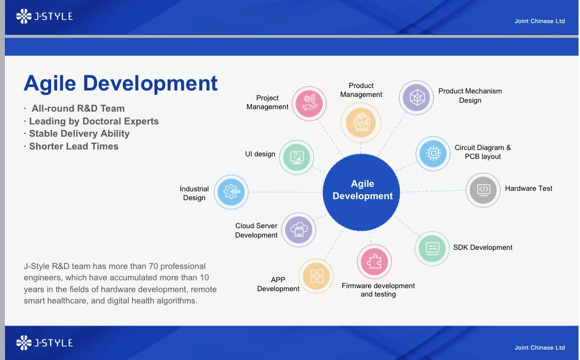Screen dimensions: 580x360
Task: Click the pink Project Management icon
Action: pyautogui.click(x=309, y=104)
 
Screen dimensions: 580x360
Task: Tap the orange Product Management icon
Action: pyautogui.click(x=361, y=122)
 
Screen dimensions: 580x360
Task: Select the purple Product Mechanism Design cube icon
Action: pyautogui.click(x=417, y=97)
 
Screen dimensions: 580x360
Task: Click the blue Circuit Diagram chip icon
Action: pyautogui.click(x=433, y=153)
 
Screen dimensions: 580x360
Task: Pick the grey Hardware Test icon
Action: pyautogui.click(x=483, y=190)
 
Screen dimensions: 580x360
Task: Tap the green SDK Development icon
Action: pyautogui.click(x=432, y=248)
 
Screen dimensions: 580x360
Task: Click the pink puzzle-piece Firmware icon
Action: pyautogui.click(x=374, y=262)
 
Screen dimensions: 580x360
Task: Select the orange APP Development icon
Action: pyautogui.click(x=316, y=276)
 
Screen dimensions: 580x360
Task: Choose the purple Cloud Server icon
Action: pyautogui.click(x=299, y=230)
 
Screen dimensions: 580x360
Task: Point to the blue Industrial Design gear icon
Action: pyautogui.click(x=231, y=192)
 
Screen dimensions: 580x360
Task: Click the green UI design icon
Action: pyautogui.click(x=297, y=157)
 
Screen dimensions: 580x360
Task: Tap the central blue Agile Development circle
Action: pyautogui.click(x=362, y=192)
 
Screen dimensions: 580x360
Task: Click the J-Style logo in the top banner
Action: pyautogui.click(x=44, y=16)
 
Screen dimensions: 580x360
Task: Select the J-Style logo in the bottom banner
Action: pyautogui.click(x=44, y=343)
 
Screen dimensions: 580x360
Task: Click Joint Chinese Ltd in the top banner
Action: pyautogui.click(x=539, y=21)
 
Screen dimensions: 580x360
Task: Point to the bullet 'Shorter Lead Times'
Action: pyautogui.click(x=74, y=147)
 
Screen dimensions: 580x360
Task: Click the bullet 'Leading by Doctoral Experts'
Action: pyautogui.click(x=94, y=121)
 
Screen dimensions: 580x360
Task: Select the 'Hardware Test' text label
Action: pyautogui.click(x=528, y=188)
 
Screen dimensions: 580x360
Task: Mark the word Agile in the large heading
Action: pyautogui.click(x=50, y=84)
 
